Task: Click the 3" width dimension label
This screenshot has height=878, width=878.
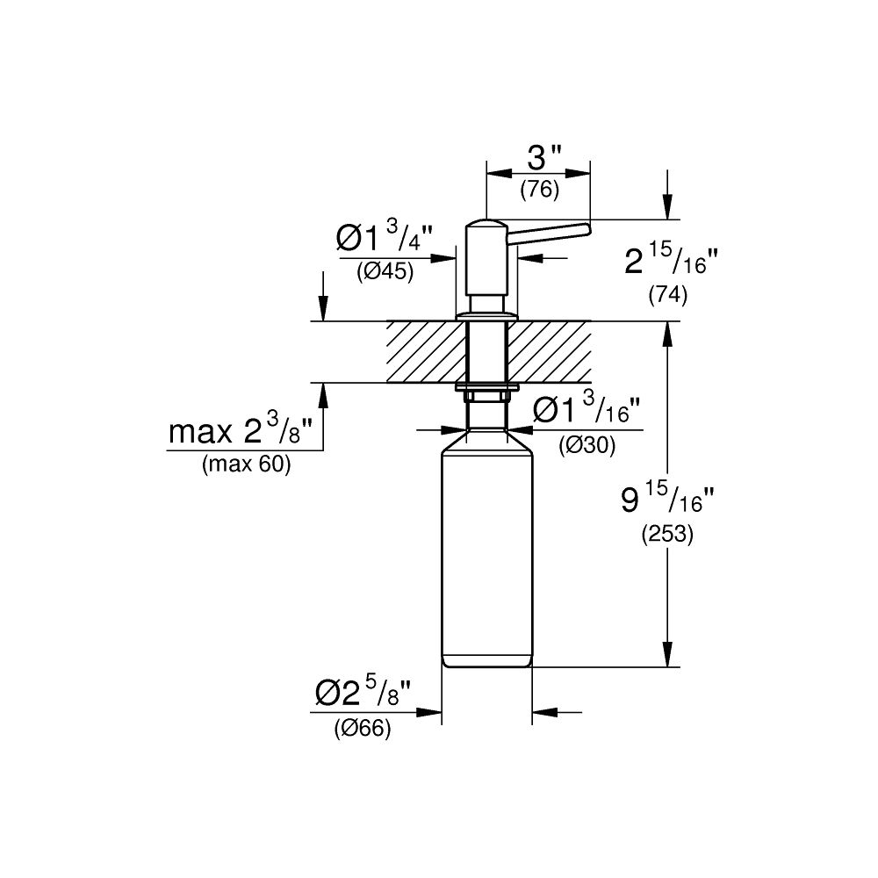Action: pos(545,158)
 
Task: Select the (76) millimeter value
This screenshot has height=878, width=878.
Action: pos(539,189)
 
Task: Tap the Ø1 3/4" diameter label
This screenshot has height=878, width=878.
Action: pos(385,240)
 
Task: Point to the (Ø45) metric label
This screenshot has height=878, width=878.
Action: pos(385,272)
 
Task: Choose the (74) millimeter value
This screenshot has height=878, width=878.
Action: pos(667,296)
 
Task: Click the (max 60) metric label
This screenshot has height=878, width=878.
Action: pos(246,465)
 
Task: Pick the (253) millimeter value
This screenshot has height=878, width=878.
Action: pos(667,535)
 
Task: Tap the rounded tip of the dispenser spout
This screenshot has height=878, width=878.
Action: pos(585,230)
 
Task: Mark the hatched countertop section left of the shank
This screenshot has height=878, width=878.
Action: pos(425,352)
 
